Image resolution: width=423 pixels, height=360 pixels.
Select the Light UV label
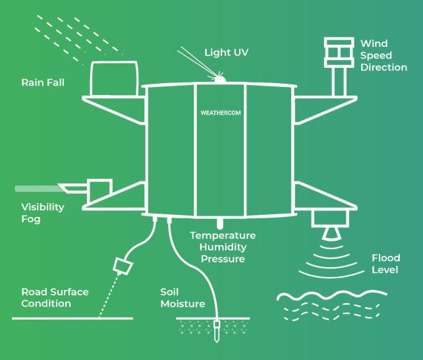pyautogui.click(x=227, y=52)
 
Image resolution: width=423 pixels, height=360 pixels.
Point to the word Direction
pyautogui.click(x=383, y=67)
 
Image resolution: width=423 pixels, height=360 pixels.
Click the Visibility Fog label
pyautogui.click(x=42, y=212)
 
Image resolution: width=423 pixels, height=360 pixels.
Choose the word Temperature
pyautogui.click(x=223, y=235)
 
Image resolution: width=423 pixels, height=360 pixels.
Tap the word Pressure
pyautogui.click(x=223, y=259)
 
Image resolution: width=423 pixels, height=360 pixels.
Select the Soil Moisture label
pyautogui.click(x=182, y=297)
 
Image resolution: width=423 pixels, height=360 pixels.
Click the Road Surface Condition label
pyautogui.click(x=55, y=297)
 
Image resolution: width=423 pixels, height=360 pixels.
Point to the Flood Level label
pyautogui.click(x=385, y=264)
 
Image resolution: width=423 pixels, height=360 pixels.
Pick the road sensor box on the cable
pyautogui.click(x=123, y=265)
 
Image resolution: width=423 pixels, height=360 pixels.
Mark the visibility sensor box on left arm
pyautogui.click(x=99, y=189)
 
